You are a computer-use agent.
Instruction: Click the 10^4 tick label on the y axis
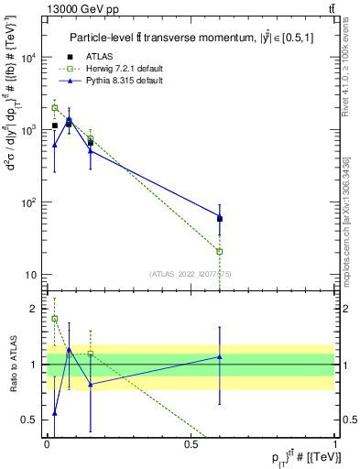(28, 58)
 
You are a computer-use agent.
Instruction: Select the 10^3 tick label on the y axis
(28, 130)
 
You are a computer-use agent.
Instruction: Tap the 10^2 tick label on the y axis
(28, 202)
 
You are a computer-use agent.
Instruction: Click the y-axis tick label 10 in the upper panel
(30, 275)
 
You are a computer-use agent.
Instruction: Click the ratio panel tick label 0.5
(32, 420)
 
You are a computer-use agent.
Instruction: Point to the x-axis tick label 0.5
(191, 443)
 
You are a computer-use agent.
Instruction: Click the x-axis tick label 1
(336, 443)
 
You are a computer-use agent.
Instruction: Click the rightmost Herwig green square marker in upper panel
(220, 251)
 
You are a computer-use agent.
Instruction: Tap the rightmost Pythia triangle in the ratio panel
(220, 356)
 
